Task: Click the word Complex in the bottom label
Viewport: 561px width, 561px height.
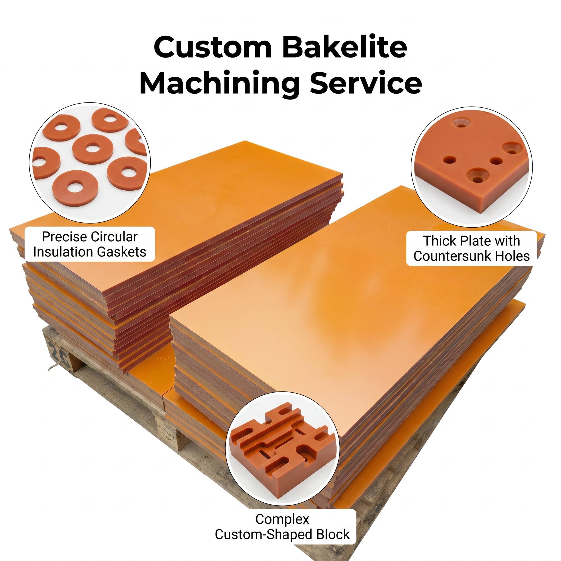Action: [282, 519]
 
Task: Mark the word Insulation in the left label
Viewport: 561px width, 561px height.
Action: [64, 252]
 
